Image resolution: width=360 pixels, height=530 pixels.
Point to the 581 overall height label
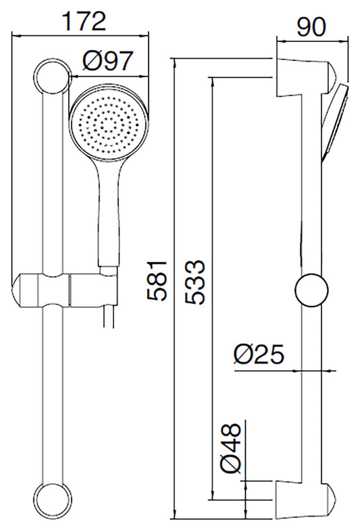click(x=157, y=280)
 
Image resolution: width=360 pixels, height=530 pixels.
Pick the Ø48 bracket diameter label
click(x=230, y=446)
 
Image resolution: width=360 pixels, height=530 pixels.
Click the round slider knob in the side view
click(x=313, y=291)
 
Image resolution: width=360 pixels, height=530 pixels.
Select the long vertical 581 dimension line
click(x=175, y=290)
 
